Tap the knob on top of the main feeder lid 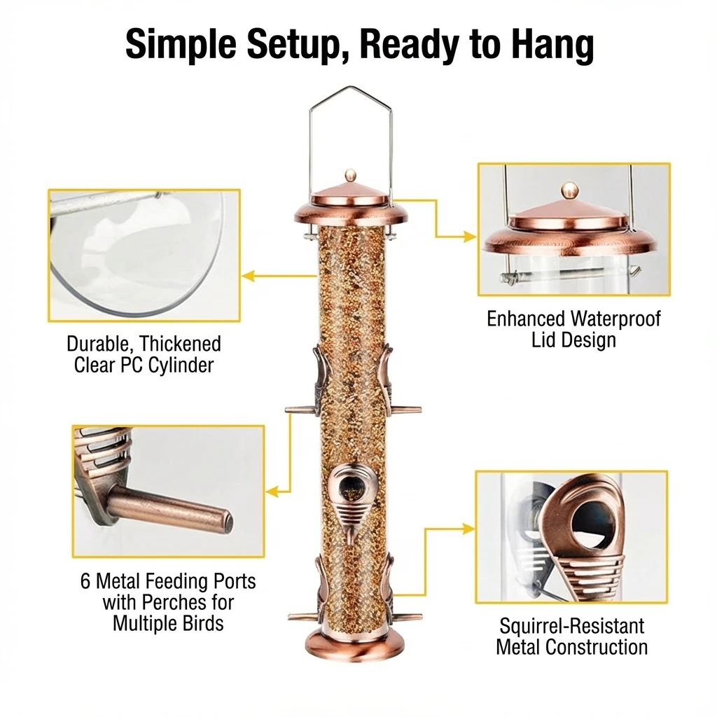[351, 175]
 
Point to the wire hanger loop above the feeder [351, 112]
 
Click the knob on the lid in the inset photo [571, 189]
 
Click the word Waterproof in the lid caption [615, 319]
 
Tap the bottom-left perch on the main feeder [301, 616]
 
